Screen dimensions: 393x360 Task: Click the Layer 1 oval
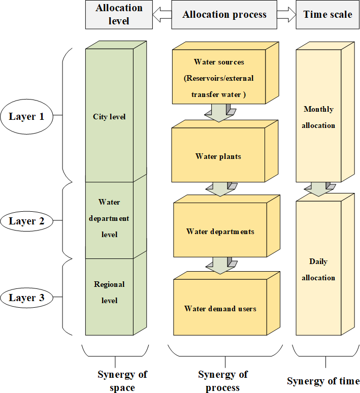26,116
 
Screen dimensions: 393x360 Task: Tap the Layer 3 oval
26,298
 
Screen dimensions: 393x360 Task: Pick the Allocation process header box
224,15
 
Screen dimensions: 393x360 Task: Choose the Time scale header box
328,15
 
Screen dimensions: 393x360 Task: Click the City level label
109,117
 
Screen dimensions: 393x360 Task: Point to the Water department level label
109,218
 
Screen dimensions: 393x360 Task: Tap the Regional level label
109,292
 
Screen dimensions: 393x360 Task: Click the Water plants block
218,156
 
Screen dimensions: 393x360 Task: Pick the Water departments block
220,231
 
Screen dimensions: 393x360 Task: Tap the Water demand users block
220,308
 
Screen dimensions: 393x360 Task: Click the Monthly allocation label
318,117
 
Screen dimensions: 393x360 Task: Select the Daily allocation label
318,270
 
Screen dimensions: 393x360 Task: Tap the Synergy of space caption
122,381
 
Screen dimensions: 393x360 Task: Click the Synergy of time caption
323,381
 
